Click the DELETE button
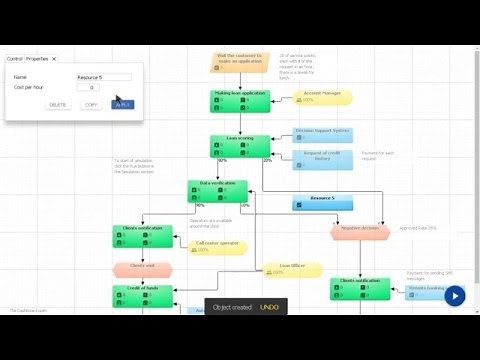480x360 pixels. pyautogui.click(x=58, y=104)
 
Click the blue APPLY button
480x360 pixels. pyautogui.click(x=122, y=104)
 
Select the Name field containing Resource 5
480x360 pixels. pyautogui.click(x=103, y=77)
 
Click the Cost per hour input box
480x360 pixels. pyautogui.click(x=88, y=87)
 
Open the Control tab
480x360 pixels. pyautogui.click(x=15, y=59)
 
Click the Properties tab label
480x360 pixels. pyautogui.click(x=38, y=59)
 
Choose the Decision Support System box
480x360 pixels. pyautogui.click(x=322, y=132)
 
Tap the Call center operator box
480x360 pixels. pyautogui.click(x=217, y=245)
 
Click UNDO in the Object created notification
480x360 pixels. pyautogui.click(x=269, y=307)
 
